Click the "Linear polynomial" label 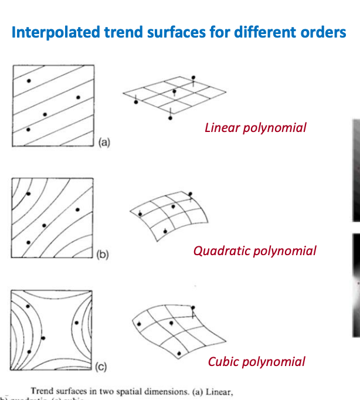[255, 127]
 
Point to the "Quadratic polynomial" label [254, 251]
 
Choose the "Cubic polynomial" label [256, 361]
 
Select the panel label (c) [101, 368]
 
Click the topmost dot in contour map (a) [30, 80]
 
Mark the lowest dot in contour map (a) [28, 129]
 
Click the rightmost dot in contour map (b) [77, 209]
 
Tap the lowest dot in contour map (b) [28, 241]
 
